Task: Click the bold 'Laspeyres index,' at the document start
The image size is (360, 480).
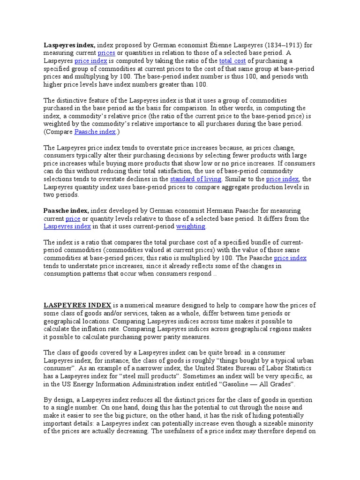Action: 69,45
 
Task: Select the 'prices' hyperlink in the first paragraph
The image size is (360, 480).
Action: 106,53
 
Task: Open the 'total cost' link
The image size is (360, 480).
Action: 232,61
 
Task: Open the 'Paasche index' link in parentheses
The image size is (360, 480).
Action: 95,132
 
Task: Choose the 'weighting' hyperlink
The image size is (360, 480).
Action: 190,226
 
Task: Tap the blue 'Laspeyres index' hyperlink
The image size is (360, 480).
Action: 67,226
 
